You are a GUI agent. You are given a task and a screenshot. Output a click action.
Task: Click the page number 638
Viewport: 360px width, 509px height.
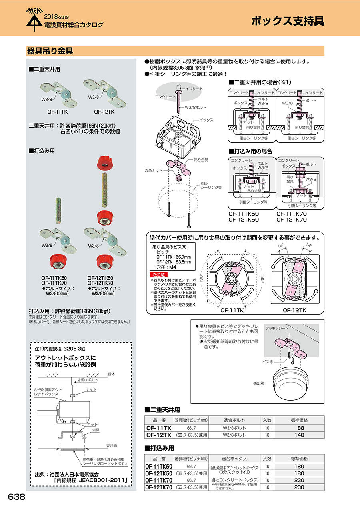coord(17,497)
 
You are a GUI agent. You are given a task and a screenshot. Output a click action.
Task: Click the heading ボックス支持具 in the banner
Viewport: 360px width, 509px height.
coord(288,21)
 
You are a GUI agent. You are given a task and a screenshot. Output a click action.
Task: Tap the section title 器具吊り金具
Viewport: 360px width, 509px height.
coord(50,51)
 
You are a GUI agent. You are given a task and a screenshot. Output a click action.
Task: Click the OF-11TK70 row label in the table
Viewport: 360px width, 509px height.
coord(159,480)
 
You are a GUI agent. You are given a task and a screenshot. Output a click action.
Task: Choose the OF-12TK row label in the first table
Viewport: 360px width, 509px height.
coord(159,435)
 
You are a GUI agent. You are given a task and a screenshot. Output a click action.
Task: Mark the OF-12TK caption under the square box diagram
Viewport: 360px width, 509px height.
coord(295,310)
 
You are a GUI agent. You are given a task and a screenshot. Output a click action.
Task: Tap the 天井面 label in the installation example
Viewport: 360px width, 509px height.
coord(111,445)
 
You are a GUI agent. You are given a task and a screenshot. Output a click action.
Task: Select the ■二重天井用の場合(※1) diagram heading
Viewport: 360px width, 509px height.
coord(260,83)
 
